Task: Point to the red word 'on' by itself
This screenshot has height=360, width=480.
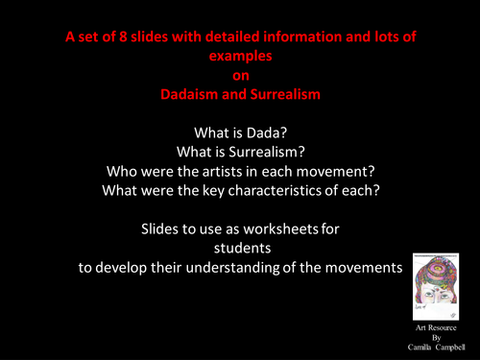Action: point(240,76)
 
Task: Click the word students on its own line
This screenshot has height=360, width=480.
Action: point(240,251)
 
